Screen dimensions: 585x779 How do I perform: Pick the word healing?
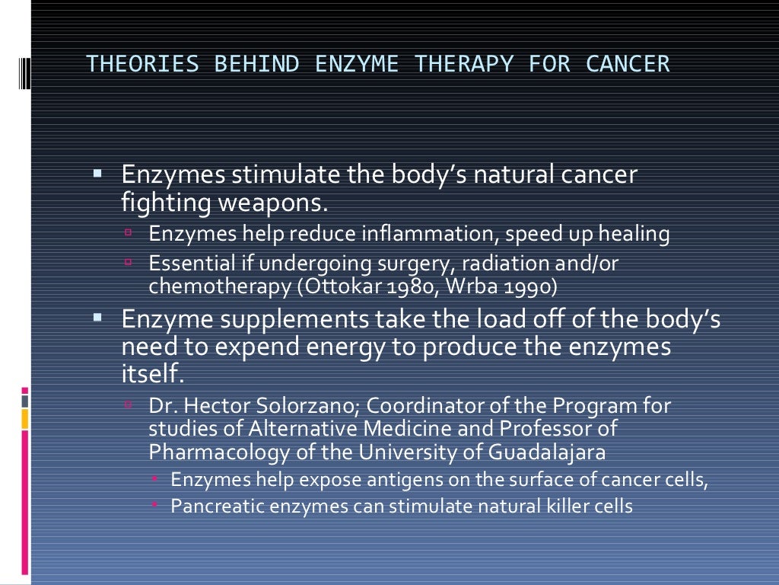point(634,235)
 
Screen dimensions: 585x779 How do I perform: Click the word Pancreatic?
point(215,506)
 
